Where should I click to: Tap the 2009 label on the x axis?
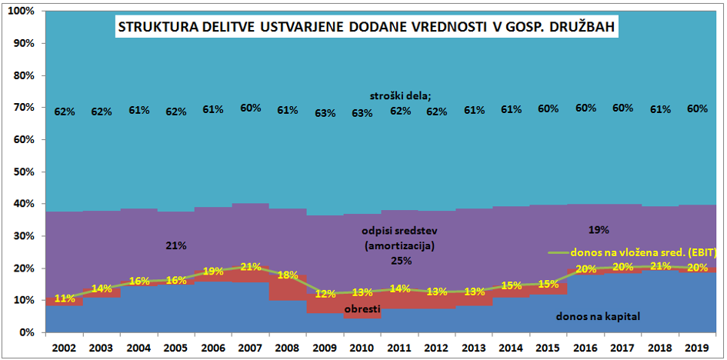[x=325, y=347]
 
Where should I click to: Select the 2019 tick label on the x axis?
[x=697, y=347]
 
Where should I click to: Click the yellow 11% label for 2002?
[x=65, y=298]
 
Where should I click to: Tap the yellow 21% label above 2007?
[x=251, y=267]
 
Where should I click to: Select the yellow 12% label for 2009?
[x=325, y=295]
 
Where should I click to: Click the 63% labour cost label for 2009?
[x=325, y=112]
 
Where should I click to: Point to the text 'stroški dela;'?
[x=401, y=95]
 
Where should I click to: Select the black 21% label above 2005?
[x=176, y=245]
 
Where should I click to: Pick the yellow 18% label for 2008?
[x=288, y=275]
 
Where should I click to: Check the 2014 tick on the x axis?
[x=512, y=347]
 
